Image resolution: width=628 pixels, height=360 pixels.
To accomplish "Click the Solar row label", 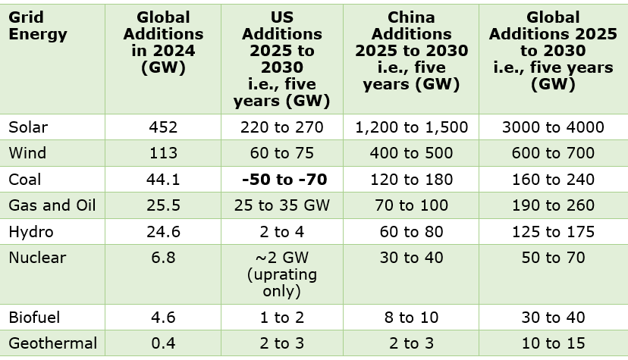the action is pyautogui.click(x=28, y=127).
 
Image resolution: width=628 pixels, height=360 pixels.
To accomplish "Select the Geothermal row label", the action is pyautogui.click(x=53, y=343).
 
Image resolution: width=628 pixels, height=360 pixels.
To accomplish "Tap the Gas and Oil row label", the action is pyautogui.click(x=52, y=205).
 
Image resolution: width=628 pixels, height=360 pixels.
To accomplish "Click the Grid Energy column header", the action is pyautogui.click(x=38, y=26).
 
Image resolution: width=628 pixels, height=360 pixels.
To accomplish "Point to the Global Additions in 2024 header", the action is pyautogui.click(x=163, y=42).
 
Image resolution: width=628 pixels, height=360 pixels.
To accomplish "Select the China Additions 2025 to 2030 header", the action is pyautogui.click(x=411, y=51).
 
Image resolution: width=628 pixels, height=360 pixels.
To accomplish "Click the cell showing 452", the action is pyautogui.click(x=163, y=127).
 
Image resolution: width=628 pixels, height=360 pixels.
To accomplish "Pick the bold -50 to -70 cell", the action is pyautogui.click(x=284, y=180).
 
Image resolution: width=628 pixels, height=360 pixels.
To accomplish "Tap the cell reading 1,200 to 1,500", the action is pyautogui.click(x=411, y=127).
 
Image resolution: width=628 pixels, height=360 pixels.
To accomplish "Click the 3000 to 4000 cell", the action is pyautogui.click(x=553, y=127).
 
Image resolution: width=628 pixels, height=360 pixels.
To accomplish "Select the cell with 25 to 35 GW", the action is pyautogui.click(x=282, y=205).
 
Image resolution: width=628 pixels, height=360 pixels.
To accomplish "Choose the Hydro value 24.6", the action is pyautogui.click(x=163, y=232).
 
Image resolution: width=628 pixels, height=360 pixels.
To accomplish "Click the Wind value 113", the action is pyautogui.click(x=163, y=153).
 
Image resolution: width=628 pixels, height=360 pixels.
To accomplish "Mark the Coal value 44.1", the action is pyautogui.click(x=163, y=180).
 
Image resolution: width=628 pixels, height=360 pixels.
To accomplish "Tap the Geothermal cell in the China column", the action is pyautogui.click(x=411, y=343).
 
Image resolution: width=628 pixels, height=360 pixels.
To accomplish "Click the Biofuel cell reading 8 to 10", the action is pyautogui.click(x=411, y=318).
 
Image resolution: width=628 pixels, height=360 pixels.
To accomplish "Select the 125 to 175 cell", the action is pyautogui.click(x=553, y=232).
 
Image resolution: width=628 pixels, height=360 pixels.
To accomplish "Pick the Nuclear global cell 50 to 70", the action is pyautogui.click(x=553, y=258).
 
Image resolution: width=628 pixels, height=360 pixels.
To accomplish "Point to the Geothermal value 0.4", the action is pyautogui.click(x=163, y=343).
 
